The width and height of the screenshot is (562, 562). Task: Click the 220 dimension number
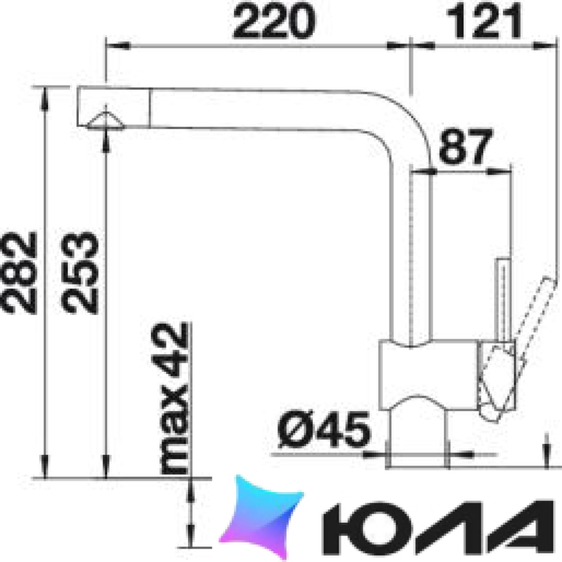[274, 22]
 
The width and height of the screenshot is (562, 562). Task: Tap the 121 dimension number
[483, 22]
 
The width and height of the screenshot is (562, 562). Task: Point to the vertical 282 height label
[19, 273]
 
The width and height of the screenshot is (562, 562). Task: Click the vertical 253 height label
[80, 273]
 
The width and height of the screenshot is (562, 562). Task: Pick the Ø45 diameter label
[323, 429]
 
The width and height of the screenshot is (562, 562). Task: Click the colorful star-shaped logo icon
[262, 516]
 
